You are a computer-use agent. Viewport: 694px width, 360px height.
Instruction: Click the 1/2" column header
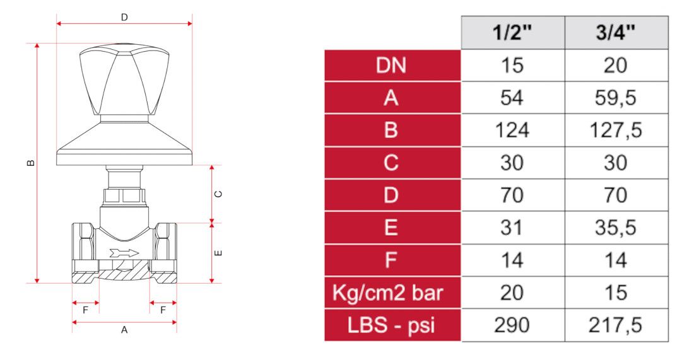click(512, 33)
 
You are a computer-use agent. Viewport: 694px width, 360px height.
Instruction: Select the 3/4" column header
click(616, 33)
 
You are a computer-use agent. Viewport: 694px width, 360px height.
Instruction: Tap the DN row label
click(391, 66)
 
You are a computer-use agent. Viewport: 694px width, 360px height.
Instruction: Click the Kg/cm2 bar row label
click(388, 293)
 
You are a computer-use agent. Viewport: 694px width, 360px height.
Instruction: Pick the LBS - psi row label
click(391, 325)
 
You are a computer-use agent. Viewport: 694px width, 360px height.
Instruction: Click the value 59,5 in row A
click(616, 98)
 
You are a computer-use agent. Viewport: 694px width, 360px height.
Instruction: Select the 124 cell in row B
click(512, 131)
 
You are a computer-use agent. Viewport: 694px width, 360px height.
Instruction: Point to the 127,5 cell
click(616, 131)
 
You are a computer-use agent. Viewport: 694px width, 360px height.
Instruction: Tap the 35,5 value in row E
click(616, 228)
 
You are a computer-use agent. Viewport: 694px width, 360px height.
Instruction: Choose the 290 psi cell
click(512, 325)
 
